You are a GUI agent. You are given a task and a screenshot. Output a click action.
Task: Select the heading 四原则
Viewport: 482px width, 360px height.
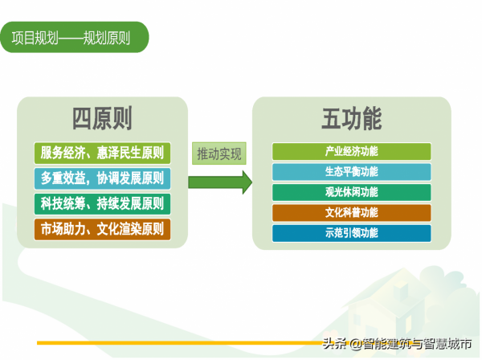tap(102, 120)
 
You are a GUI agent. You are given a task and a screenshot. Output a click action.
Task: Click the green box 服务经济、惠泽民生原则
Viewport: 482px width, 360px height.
tap(102, 152)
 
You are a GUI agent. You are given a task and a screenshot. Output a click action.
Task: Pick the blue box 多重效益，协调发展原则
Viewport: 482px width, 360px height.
tap(102, 178)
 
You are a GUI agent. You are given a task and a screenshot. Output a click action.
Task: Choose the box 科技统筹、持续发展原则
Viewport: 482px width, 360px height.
tap(102, 203)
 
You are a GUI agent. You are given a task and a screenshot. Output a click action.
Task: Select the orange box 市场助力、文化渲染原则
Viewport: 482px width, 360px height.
tap(102, 229)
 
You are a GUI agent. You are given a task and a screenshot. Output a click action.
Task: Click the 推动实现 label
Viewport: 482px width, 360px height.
tap(219, 153)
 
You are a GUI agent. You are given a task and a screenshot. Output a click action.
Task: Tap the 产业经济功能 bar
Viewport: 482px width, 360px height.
tap(351, 151)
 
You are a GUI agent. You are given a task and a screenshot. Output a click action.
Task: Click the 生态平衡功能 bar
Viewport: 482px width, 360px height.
tap(351, 171)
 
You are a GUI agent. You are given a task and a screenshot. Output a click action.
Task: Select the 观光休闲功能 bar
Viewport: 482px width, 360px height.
tap(351, 192)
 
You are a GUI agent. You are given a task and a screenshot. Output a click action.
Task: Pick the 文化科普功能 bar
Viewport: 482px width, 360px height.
tap(351, 213)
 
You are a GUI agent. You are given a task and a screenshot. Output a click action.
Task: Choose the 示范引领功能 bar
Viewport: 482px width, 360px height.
tap(351, 233)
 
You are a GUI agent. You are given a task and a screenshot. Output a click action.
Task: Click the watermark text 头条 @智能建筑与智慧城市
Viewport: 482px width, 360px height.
tap(397, 344)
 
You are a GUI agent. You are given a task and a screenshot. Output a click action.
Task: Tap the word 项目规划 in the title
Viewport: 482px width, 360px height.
tap(34, 37)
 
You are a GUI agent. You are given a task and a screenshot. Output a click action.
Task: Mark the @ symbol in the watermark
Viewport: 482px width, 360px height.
tap(355, 344)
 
